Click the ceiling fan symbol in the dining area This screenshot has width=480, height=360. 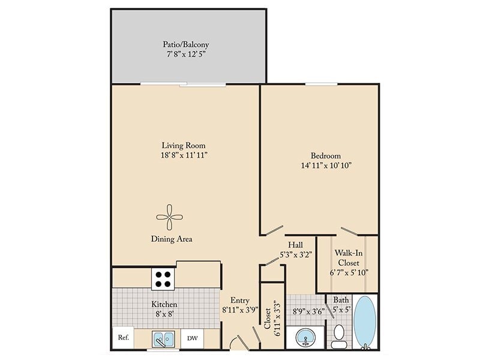pos(170,217)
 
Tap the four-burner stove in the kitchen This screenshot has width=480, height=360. pos(163,279)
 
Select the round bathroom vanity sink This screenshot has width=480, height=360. pos(305,338)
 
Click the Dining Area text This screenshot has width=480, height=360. pos(172,239)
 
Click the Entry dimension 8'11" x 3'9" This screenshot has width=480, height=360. pos(239,310)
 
